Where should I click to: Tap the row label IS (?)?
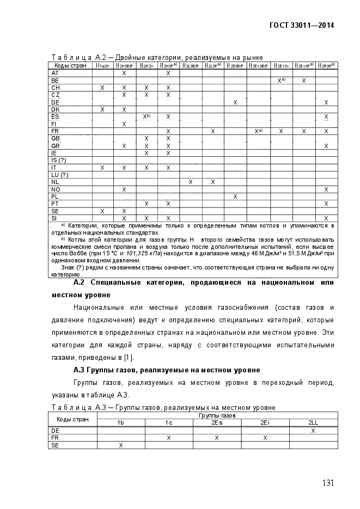[x=58, y=160]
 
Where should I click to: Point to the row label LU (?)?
[x=59, y=175]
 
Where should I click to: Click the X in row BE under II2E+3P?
[x=304, y=80]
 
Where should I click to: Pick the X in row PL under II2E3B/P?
[x=235, y=197]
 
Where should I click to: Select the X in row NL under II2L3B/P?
[x=191, y=182]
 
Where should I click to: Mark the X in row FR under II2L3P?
[x=213, y=131]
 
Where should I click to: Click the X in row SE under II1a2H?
[x=102, y=211]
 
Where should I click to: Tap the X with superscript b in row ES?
[x=146, y=116]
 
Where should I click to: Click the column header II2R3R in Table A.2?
[x=326, y=65]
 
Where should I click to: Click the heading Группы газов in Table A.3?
[x=217, y=415]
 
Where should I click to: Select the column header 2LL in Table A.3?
[x=313, y=422]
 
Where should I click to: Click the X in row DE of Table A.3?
[x=313, y=430]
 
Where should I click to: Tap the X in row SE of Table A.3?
[x=121, y=445]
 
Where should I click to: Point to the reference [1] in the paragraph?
[x=127, y=357]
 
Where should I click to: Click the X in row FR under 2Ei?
[x=265, y=437]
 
